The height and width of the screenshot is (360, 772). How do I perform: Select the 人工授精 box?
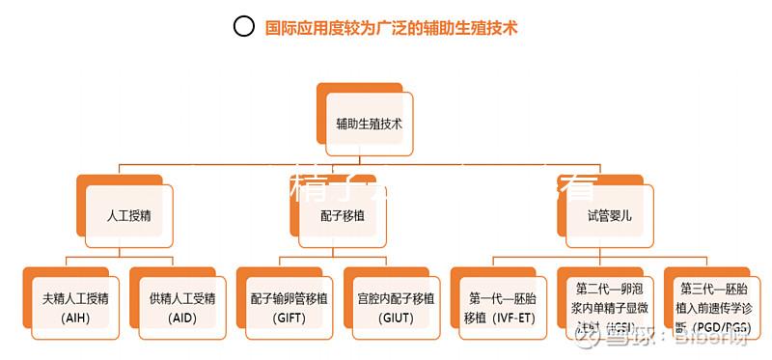click(x=128, y=215)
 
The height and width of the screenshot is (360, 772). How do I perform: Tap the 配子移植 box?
click(x=343, y=215)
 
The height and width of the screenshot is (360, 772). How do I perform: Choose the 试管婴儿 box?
click(x=609, y=215)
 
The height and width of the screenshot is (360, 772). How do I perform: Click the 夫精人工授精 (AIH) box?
click(x=75, y=306)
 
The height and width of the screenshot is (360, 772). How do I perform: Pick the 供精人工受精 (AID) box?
click(x=182, y=306)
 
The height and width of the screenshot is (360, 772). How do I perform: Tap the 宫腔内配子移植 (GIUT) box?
click(x=396, y=306)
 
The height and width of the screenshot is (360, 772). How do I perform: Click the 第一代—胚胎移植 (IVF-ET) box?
click(x=502, y=306)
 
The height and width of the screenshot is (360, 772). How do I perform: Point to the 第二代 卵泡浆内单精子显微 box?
click(x=609, y=306)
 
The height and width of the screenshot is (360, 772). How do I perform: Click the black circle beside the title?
click(x=244, y=27)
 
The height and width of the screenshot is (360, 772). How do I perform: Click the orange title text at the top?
click(x=392, y=28)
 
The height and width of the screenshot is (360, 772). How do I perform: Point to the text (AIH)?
click(x=74, y=318)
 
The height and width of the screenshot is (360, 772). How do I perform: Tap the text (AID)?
click(x=181, y=318)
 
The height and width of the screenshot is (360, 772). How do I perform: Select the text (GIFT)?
click(x=289, y=318)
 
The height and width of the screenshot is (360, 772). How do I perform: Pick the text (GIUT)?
click(x=395, y=318)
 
